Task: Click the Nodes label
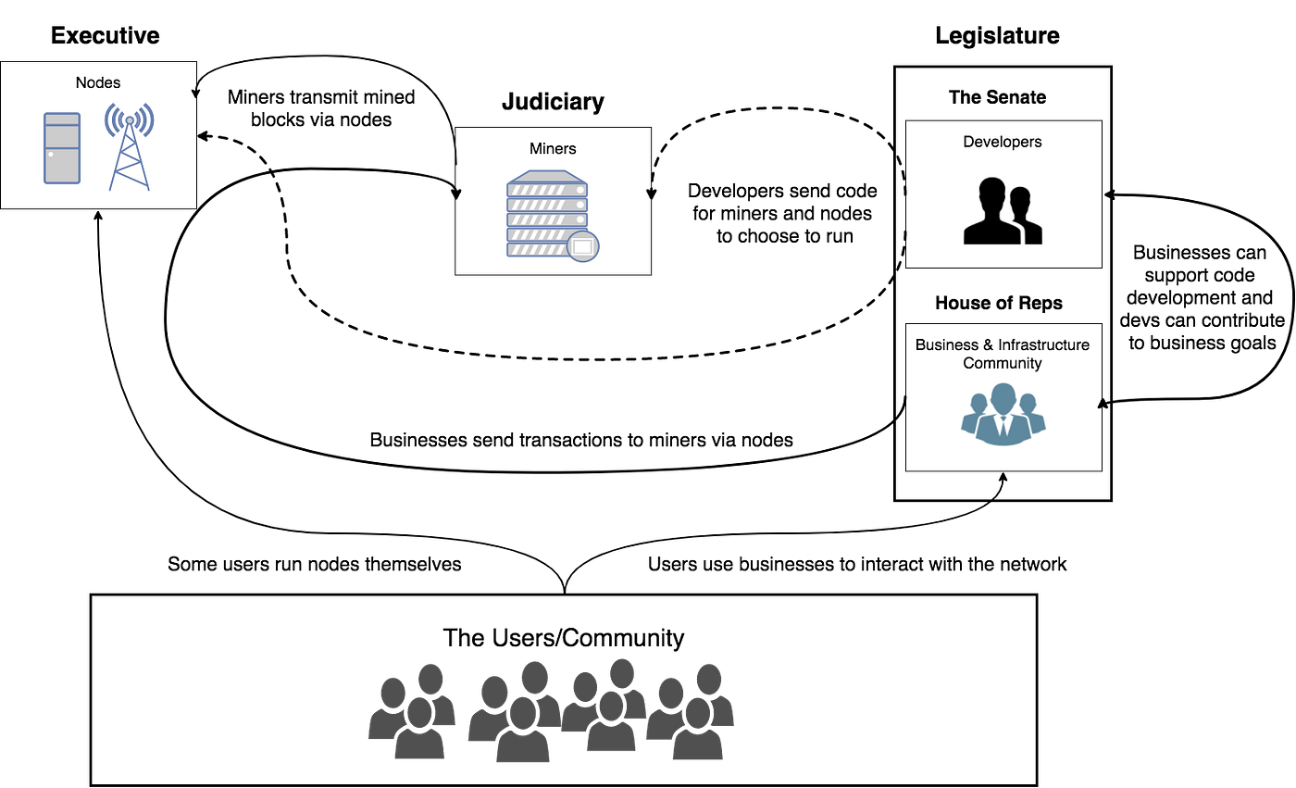pyautogui.click(x=98, y=83)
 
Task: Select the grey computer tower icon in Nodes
pyautogui.click(x=62, y=148)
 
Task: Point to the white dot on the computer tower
pyautogui.click(x=51, y=154)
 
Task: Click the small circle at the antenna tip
pyautogui.click(x=129, y=120)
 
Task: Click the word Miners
pyautogui.click(x=553, y=148)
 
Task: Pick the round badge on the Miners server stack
pyautogui.click(x=583, y=247)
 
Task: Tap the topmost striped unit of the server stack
pyautogui.click(x=547, y=189)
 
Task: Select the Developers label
pyautogui.click(x=1003, y=142)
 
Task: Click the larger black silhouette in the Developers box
pyautogui.click(x=991, y=211)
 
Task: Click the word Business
pyautogui.click(x=947, y=344)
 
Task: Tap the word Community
pyautogui.click(x=1003, y=363)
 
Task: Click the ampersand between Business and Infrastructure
pyautogui.click(x=988, y=344)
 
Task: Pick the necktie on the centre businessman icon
pyautogui.click(x=1003, y=425)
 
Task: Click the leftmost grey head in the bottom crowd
pyautogui.click(x=393, y=691)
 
